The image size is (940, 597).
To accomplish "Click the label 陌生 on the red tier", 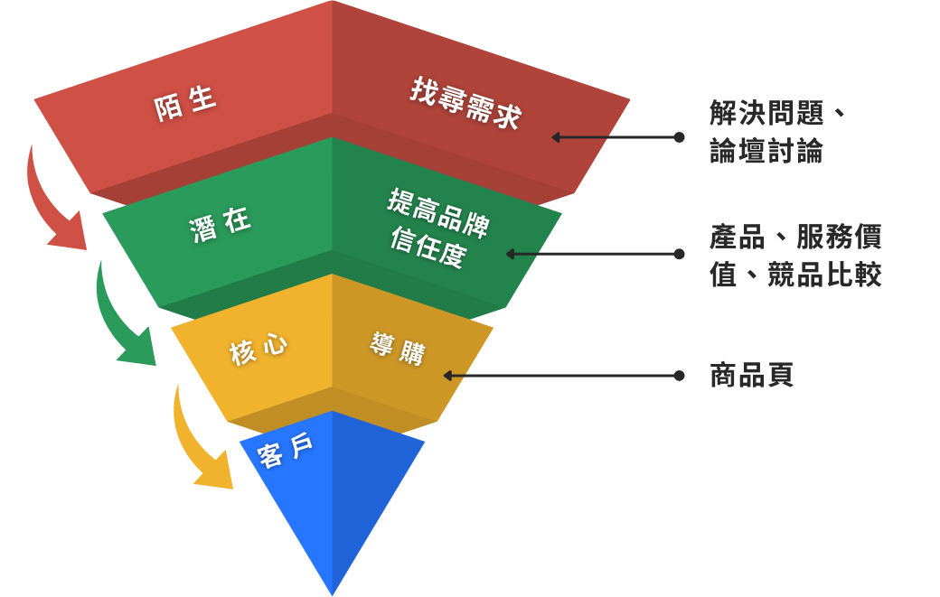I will click(185, 104).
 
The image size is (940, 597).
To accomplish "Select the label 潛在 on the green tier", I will click(221, 225).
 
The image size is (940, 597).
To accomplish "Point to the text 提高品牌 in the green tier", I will click(437, 213).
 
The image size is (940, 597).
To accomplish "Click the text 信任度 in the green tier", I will click(428, 247).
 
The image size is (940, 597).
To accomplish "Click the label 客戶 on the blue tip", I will click(286, 451).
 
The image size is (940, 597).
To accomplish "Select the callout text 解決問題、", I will click(778, 114).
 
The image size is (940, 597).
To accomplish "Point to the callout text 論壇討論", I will click(766, 151).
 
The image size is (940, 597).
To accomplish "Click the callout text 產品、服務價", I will click(795, 237).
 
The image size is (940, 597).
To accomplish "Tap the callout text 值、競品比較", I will click(795, 275).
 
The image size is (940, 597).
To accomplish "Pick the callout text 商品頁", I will click(752, 376).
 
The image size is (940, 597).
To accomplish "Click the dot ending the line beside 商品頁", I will click(679, 376).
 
